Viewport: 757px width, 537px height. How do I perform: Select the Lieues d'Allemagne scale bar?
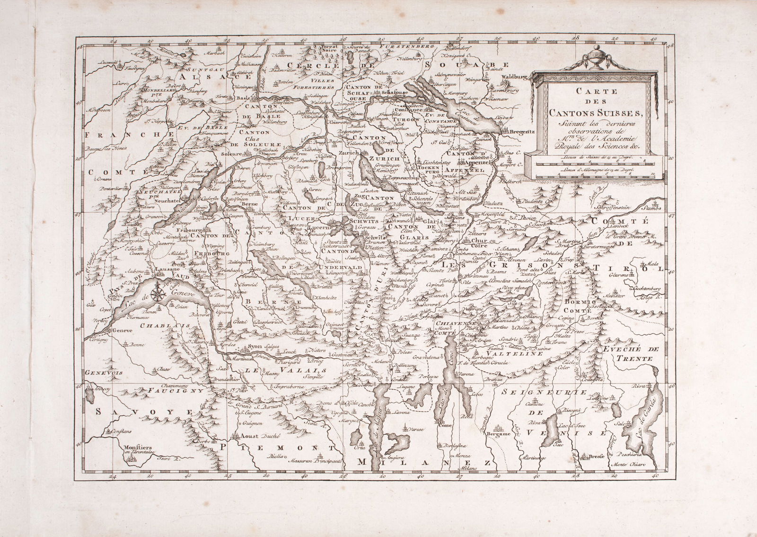(595, 174)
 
